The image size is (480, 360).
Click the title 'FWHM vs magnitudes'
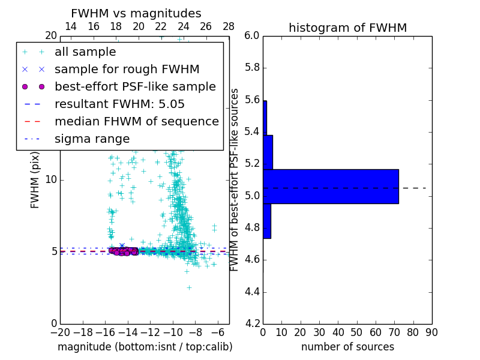pyautogui.click(x=136, y=13)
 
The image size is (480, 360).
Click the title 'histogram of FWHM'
pyautogui.click(x=347, y=28)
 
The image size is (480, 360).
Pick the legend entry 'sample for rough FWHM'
pyautogui.click(x=127, y=69)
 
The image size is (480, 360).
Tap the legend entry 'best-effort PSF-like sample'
pyautogui.click(x=135, y=86)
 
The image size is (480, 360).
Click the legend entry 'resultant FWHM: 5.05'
pyautogui.click(x=119, y=104)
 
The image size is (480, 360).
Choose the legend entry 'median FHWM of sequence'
pyautogui.click(x=136, y=121)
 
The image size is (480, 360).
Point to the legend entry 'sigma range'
pyautogui.click(x=92, y=139)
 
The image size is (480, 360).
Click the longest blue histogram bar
pyautogui.click(x=331, y=186)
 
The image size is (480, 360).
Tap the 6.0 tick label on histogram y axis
pyautogui.click(x=252, y=36)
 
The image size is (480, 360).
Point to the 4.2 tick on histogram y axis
pyautogui.click(x=252, y=324)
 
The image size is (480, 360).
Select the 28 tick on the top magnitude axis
pyautogui.click(x=229, y=26)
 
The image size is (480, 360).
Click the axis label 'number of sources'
pyautogui.click(x=347, y=347)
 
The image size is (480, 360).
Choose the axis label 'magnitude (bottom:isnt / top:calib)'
pyautogui.click(x=145, y=347)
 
